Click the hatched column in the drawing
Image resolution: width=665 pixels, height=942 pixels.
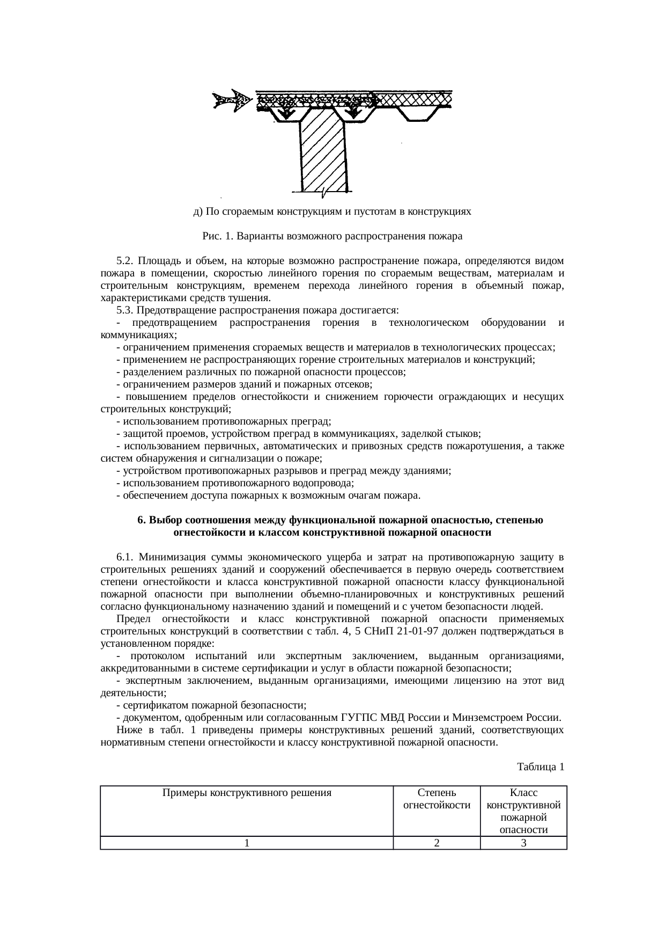(323, 156)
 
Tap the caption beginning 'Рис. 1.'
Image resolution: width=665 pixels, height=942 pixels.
(332, 236)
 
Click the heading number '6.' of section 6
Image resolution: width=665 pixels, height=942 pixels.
(142, 520)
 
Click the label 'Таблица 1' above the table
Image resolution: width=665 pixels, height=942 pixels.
(540, 766)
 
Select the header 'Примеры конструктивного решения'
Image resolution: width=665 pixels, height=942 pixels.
(247, 792)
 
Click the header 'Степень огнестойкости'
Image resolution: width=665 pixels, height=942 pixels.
(437, 799)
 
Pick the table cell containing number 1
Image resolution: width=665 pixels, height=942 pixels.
(246, 843)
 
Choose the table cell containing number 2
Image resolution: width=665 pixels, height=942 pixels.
(437, 843)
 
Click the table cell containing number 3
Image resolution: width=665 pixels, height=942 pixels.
(523, 843)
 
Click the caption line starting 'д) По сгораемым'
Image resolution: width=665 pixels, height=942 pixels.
(332, 211)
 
